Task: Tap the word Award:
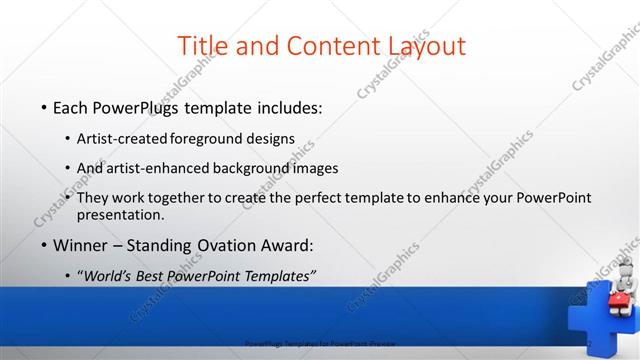click(287, 245)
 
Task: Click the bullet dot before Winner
click(44, 246)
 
